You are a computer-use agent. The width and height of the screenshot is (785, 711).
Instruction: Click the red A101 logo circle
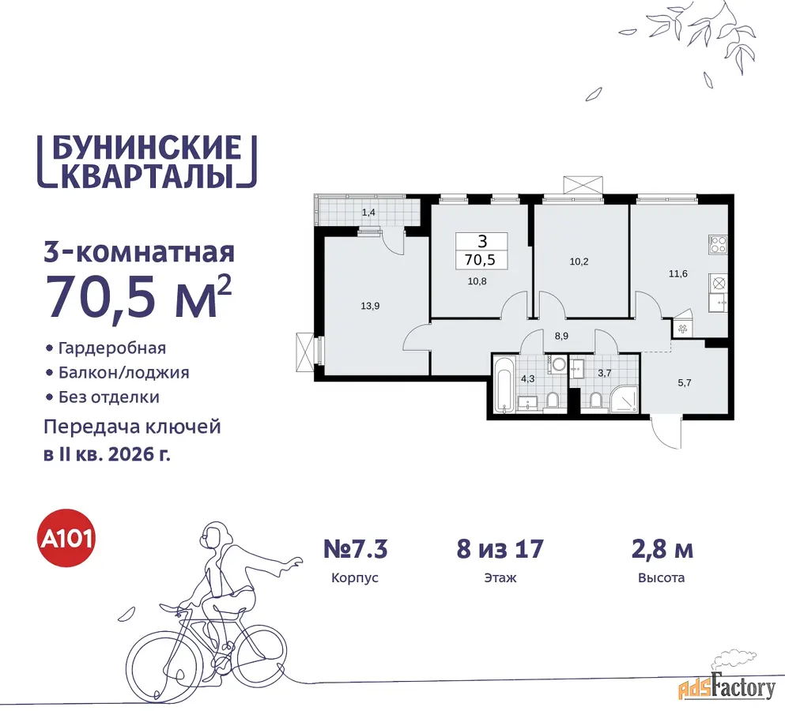(x=67, y=538)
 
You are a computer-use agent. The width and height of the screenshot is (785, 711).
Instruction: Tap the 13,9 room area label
(x=370, y=306)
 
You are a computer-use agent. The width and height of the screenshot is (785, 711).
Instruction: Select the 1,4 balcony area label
(x=368, y=213)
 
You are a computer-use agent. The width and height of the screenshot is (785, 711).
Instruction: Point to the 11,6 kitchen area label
(x=677, y=273)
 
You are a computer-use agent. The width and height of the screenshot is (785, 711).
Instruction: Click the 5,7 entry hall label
(x=685, y=383)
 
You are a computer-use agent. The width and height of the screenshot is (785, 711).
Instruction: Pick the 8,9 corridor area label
(x=561, y=337)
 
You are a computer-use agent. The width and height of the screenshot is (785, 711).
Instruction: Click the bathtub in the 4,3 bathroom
(x=502, y=384)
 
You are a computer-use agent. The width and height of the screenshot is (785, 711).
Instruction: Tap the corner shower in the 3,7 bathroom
(x=625, y=399)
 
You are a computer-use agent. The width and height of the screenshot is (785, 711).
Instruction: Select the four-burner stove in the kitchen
(x=718, y=245)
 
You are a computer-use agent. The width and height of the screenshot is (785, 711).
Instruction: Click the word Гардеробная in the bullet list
(x=112, y=348)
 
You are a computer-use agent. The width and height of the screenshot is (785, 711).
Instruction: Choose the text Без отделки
(x=109, y=397)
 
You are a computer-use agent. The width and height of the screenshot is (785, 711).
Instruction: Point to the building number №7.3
(x=356, y=549)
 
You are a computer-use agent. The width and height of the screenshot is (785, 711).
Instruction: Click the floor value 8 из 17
(x=500, y=549)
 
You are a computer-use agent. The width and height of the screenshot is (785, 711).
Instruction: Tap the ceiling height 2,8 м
(x=662, y=549)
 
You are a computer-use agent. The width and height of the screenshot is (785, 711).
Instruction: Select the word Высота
(x=662, y=578)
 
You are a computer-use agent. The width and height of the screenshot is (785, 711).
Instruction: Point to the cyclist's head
(x=215, y=538)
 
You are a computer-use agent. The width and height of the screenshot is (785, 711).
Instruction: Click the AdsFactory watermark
(x=727, y=687)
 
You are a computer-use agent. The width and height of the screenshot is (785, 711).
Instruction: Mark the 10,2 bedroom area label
(x=579, y=261)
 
